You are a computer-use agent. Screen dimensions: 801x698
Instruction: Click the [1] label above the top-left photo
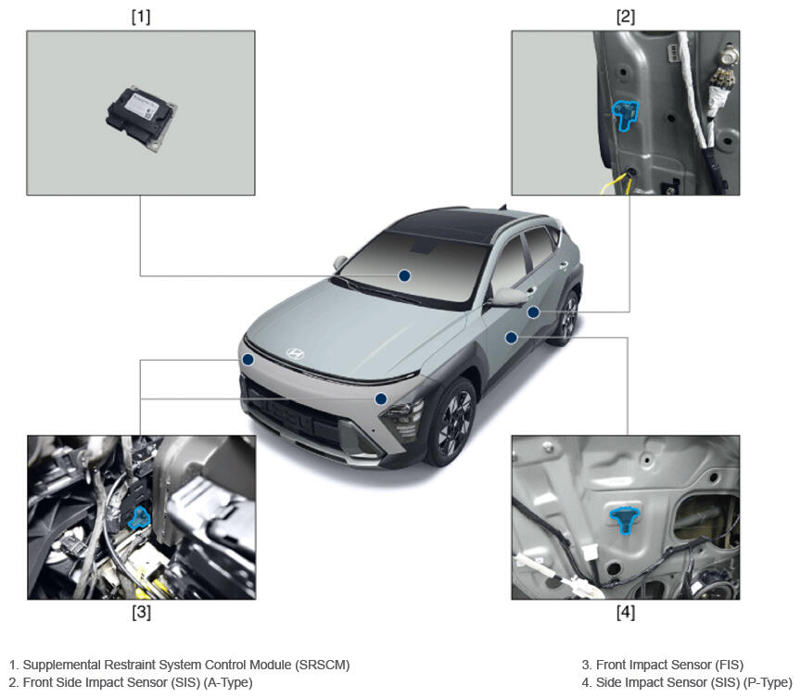point(141,17)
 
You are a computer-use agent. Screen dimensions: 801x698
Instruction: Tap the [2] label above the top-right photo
point(625,17)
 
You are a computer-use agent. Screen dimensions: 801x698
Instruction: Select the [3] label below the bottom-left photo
point(142,612)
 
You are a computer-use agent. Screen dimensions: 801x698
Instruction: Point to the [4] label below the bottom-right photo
point(626,612)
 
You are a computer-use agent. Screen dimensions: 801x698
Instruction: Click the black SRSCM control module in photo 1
point(142,119)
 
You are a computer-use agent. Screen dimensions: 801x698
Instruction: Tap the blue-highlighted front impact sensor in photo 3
point(138,516)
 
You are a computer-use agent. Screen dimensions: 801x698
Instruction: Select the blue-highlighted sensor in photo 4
point(624,520)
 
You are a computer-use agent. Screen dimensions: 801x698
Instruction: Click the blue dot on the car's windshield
point(404,275)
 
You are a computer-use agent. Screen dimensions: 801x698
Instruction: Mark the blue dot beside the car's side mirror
point(533,312)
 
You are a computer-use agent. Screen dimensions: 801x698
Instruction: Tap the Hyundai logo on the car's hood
point(295,353)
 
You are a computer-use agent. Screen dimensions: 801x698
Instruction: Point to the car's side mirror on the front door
point(509,298)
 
